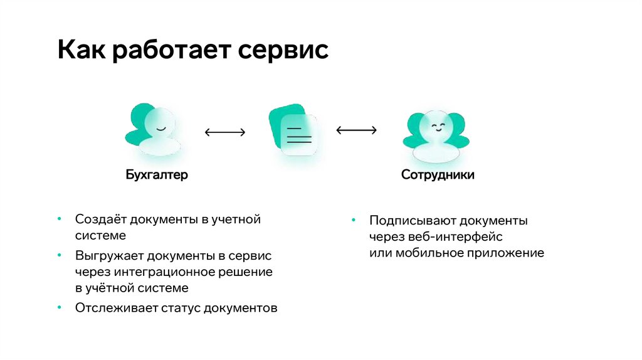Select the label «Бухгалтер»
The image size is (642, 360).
tap(157, 175)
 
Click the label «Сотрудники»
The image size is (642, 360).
tap(438, 175)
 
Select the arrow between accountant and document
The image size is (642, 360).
tap(225, 132)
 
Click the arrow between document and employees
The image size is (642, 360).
tap(356, 130)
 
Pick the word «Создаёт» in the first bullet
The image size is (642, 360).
tap(98, 220)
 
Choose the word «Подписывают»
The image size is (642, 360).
tap(412, 221)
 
